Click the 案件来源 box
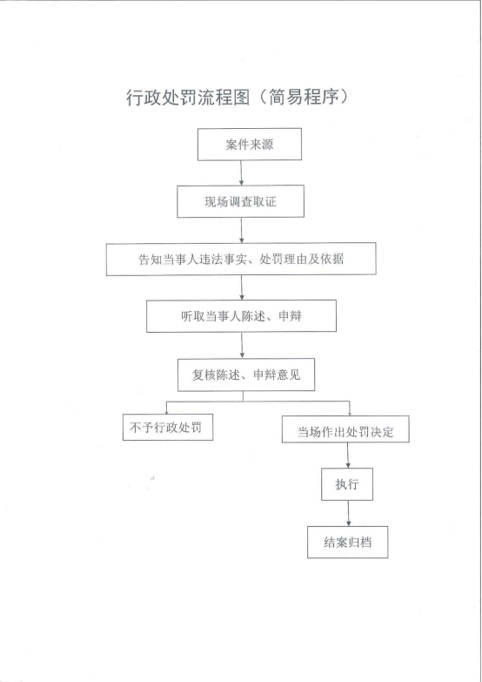250,145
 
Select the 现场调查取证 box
240,201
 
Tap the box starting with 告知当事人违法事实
241,260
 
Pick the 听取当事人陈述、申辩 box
241,316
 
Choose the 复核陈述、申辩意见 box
246,375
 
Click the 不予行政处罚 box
168,427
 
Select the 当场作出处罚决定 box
345,429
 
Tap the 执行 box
347,484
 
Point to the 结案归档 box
348,543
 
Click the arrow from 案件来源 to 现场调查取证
242,173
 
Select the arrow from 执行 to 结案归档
348,514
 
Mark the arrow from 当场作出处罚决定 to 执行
348,456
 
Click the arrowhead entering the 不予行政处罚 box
166,411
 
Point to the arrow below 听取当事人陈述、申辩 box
242,346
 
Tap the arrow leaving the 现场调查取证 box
242,230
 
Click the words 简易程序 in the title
304,97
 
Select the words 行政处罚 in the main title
162,98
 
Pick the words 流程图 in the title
224,98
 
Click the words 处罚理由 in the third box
284,260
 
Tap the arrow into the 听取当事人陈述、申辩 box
242,288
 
